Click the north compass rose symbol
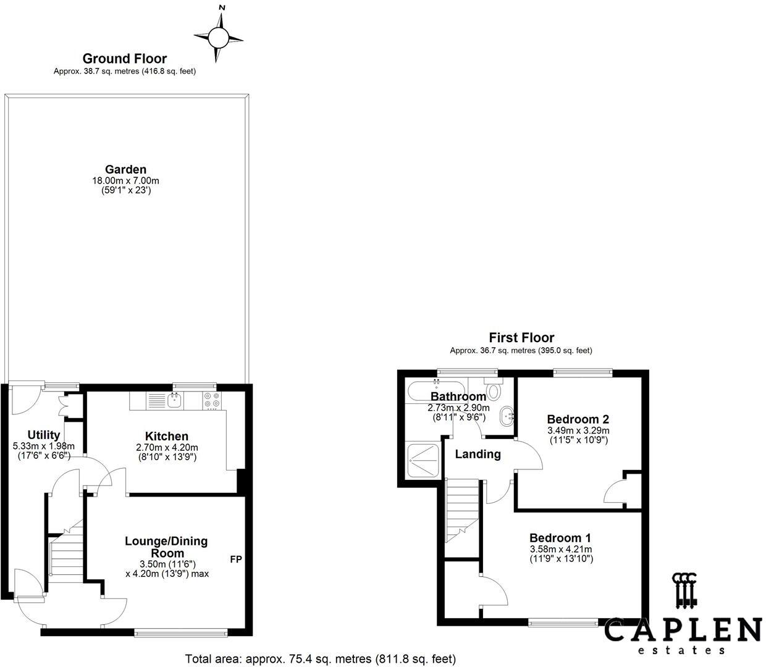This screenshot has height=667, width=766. (x=218, y=38)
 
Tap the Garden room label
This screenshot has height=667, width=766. (x=125, y=170)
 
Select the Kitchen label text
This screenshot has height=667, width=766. (x=167, y=436)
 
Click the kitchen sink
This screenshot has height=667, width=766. (x=174, y=400)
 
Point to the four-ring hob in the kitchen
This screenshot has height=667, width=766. (x=211, y=400)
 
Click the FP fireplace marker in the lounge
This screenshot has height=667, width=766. (x=236, y=559)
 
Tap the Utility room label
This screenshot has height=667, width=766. (x=44, y=435)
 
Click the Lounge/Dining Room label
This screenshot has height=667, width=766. (x=166, y=547)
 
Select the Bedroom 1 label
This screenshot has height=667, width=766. (x=560, y=538)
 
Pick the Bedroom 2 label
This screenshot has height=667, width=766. (x=578, y=419)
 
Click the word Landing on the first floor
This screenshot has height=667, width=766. (x=478, y=455)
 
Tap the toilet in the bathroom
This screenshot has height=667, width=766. (x=494, y=388)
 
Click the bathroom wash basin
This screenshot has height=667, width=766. (x=507, y=416)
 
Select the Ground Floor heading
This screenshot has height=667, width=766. (x=125, y=59)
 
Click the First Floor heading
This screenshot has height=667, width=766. (x=521, y=338)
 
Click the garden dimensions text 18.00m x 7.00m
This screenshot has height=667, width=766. (x=125, y=181)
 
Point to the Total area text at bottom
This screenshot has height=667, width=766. (x=321, y=659)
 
